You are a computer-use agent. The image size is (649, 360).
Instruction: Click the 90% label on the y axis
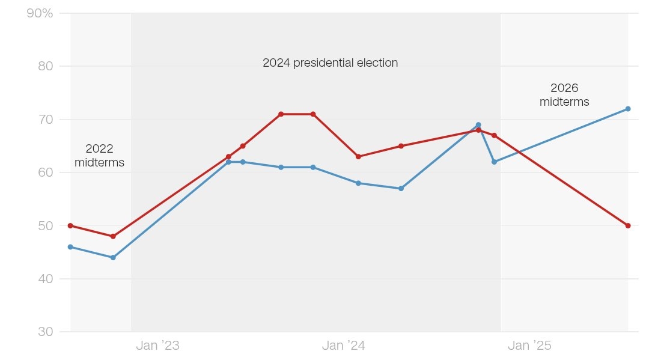point(40,13)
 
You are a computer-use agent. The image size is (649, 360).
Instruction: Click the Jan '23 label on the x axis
point(157,346)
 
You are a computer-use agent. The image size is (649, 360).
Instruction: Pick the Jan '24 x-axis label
point(343,346)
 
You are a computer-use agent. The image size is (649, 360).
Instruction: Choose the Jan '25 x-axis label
point(529,346)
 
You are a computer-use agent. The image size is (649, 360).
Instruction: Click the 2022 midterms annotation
point(99,155)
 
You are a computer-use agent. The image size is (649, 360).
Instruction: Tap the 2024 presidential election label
point(330,63)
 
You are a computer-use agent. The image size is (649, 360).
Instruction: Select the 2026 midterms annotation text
point(564,95)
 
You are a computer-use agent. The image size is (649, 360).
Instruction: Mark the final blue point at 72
point(628,109)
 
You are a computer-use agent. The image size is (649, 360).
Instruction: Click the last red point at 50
point(628,225)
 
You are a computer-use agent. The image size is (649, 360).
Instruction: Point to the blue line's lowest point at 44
point(113,257)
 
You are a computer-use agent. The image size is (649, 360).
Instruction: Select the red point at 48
point(113,236)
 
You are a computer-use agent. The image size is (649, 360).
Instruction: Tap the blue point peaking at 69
point(478,125)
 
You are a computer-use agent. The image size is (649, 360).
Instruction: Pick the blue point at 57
point(401,188)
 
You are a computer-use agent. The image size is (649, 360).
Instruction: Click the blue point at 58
point(358,183)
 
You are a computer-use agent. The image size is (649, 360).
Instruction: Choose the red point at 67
point(494,135)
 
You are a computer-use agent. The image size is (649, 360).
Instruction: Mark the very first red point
point(70,225)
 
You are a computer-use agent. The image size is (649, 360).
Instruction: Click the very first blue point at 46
point(70,247)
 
